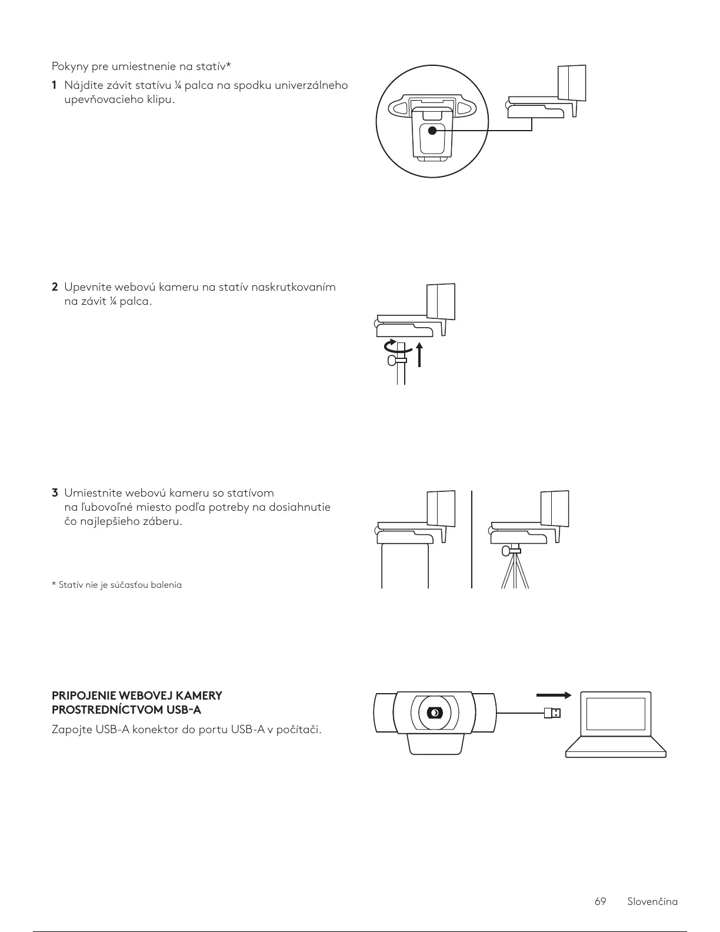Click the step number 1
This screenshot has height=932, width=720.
[x=54, y=86]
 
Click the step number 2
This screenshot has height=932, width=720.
[x=55, y=288]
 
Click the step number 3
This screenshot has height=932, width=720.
[x=55, y=492]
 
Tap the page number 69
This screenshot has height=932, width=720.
[x=600, y=901]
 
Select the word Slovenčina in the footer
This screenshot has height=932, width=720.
[x=652, y=901]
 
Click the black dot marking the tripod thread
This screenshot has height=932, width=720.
[x=433, y=131]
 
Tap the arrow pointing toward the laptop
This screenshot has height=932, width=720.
[x=554, y=695]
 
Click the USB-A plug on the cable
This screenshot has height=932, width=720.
[x=552, y=713]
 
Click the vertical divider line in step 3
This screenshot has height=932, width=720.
[x=472, y=538]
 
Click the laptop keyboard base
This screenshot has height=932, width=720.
[x=615, y=751]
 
